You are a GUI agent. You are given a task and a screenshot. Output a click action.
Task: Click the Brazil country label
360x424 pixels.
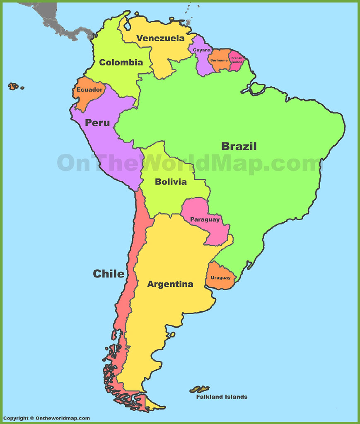coord(239,146)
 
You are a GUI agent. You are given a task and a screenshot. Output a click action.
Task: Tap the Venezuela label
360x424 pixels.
coord(160,38)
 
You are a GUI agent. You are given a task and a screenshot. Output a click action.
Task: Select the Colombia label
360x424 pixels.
coord(121,63)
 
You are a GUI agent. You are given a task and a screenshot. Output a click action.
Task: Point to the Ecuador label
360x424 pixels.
coord(89,89)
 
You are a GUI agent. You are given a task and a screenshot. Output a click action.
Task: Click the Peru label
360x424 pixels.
coord(97,123)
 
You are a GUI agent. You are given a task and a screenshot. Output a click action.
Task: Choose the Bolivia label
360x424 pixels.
coord(171,181)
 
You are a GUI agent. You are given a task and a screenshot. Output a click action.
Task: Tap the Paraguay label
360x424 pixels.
coord(205,219)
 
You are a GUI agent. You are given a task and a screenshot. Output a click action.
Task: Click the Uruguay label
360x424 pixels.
coord(220,277)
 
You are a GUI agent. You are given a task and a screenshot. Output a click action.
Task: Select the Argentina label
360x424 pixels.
coord(170,284)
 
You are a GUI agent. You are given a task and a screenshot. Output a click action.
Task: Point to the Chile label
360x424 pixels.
coord(108,274)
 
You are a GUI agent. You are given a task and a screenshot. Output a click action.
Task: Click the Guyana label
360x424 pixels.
coord(202,50)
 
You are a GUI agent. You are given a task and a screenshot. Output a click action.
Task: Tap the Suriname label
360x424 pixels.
coord(219,60)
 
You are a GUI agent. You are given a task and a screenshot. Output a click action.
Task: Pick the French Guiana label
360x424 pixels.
coord(237,60)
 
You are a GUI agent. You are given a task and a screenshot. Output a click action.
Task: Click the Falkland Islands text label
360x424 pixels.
coord(222,397)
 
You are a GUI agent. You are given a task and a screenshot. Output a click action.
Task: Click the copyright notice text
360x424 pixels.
coord(46,418)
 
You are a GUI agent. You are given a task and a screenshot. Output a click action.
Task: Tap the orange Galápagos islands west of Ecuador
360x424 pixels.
coord(13,86)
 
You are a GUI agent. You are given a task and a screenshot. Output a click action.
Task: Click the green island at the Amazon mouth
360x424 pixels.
coord(257,88)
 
